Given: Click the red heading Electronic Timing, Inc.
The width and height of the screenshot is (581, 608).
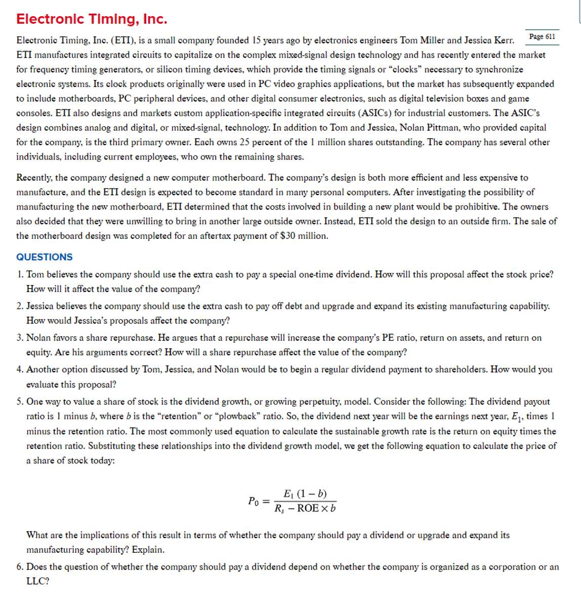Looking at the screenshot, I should pos(92,19).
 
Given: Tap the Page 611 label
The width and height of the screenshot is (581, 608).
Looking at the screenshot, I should pos(542,36).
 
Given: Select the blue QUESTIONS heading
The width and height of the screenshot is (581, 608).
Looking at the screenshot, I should pos(45,257).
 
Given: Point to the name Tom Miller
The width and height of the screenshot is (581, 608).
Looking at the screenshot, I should pos(422,40).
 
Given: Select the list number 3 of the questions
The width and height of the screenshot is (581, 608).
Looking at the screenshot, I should pos(19,338).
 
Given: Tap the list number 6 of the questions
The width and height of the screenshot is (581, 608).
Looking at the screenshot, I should pos(19,567).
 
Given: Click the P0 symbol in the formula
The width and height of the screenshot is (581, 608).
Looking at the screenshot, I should pos(254,501).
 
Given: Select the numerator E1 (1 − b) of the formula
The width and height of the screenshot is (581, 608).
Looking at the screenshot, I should pos(305,494).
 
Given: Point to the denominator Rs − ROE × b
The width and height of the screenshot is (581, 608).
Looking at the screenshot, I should pos(305,508).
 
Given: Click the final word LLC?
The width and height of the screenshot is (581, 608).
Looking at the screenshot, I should pos(38,581).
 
